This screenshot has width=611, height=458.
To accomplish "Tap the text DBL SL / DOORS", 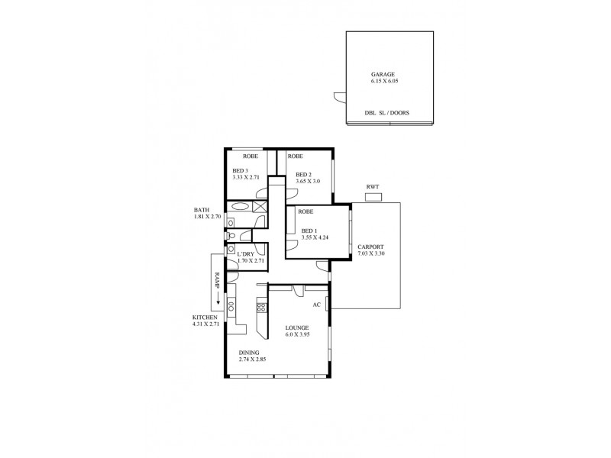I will coord(386,113).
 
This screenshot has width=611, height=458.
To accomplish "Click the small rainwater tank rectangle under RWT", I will coord(373,198).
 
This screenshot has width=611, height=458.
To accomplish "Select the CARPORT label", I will coord(370,246).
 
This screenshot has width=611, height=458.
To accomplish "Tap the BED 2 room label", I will coord(304,175).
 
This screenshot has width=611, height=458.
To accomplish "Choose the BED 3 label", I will coord(241,170).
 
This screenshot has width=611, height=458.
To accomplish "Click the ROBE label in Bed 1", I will coord(306,211).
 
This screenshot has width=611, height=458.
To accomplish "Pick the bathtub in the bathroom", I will coord(239,206).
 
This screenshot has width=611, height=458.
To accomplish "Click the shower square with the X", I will coord(260,206).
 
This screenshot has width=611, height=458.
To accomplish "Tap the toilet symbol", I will coord(231,236).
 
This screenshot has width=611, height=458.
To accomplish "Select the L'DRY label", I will coord(246,253).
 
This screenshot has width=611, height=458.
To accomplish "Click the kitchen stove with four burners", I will coord(260,308).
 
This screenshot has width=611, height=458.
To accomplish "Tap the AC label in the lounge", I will coord(316,305).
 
